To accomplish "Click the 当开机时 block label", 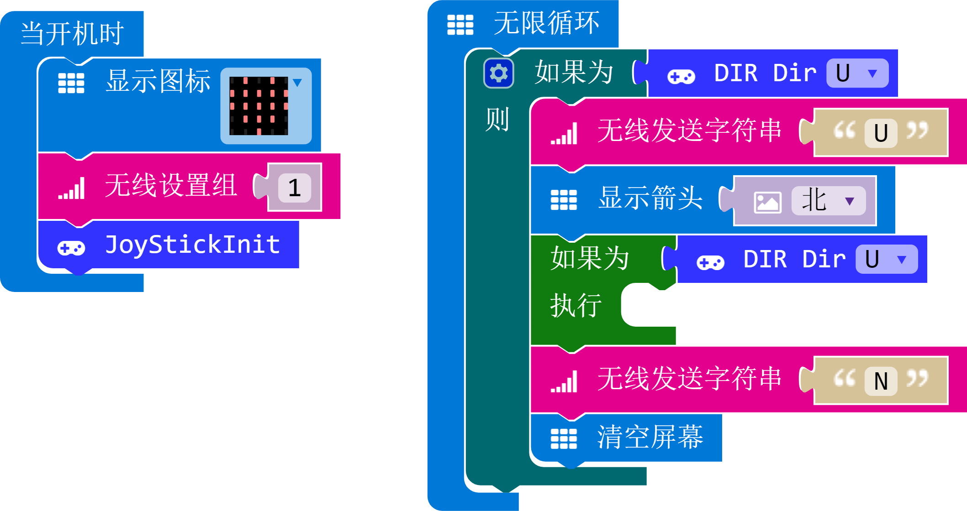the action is (x=72, y=33).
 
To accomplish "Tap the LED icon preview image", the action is (x=259, y=106).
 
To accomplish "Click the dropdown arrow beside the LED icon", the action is (x=297, y=83).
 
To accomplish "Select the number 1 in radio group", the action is (x=295, y=188).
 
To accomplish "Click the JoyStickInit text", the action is (x=192, y=245).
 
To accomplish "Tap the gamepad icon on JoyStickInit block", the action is (x=71, y=248).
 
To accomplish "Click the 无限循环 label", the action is (x=546, y=23).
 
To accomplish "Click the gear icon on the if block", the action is (x=498, y=73).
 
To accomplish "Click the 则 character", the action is (x=497, y=120).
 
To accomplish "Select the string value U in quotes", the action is (x=881, y=133).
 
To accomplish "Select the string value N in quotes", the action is (x=881, y=381).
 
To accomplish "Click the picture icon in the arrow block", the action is (x=767, y=202).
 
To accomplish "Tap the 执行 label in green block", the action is (x=576, y=305).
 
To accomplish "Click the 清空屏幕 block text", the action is (x=650, y=437).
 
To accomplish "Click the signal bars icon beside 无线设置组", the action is (x=71, y=188).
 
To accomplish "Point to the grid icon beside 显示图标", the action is (x=71, y=83).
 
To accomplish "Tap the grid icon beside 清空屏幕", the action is (x=564, y=439).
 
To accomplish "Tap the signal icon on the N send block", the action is (x=564, y=381).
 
